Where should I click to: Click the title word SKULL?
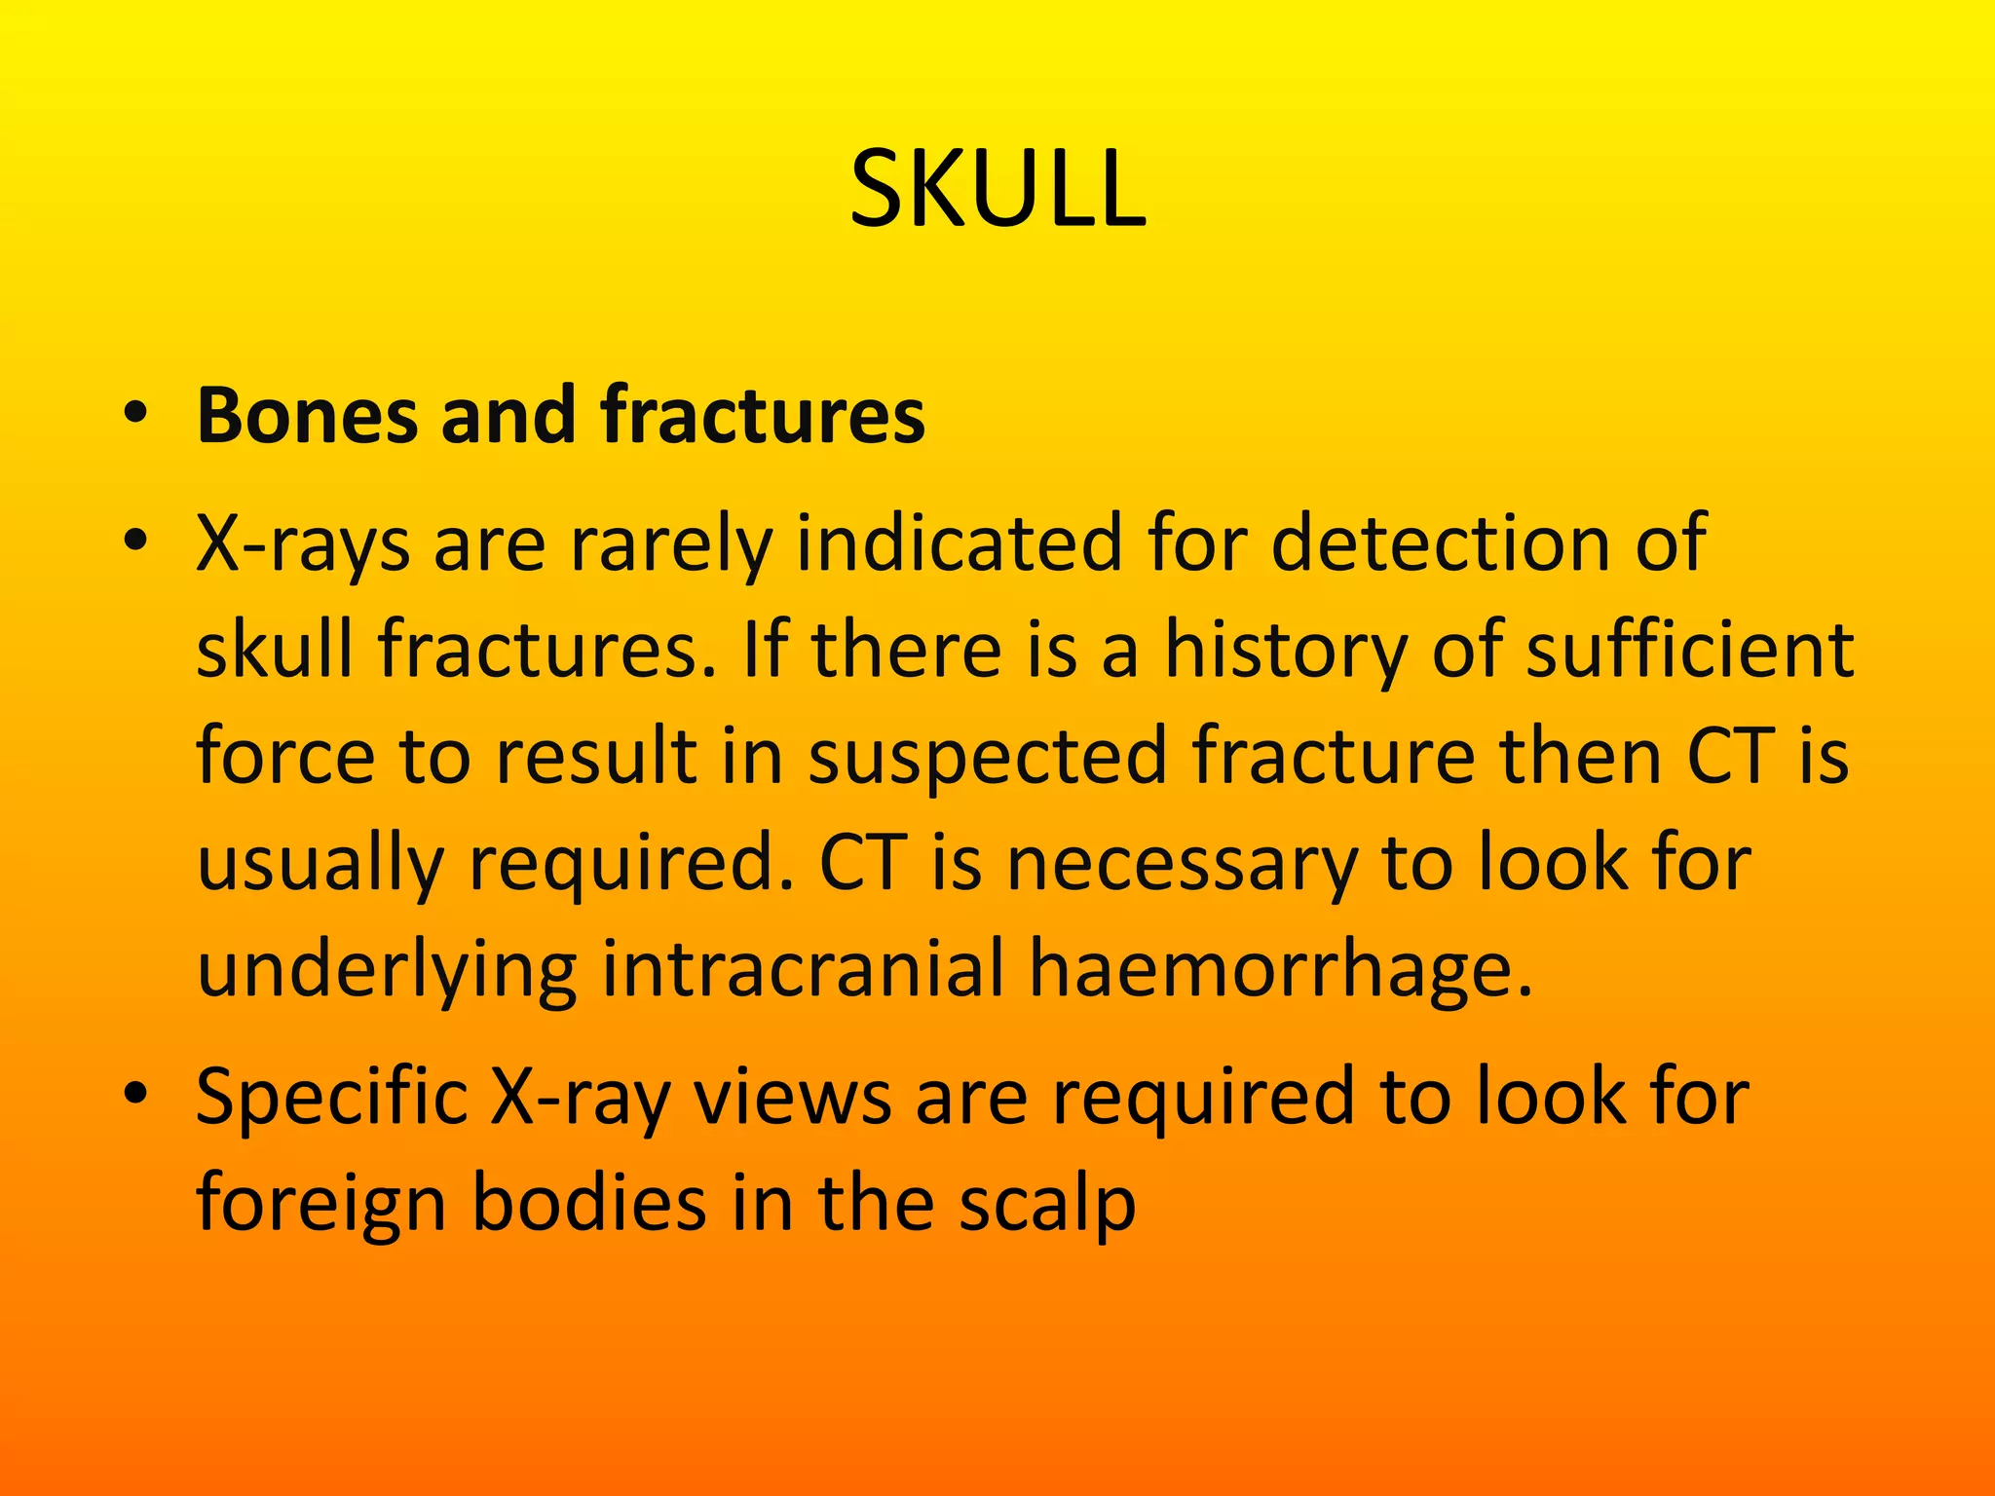point(997,189)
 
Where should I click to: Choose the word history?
point(1286,651)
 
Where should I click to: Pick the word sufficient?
point(1689,651)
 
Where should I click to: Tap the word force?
point(285,757)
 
